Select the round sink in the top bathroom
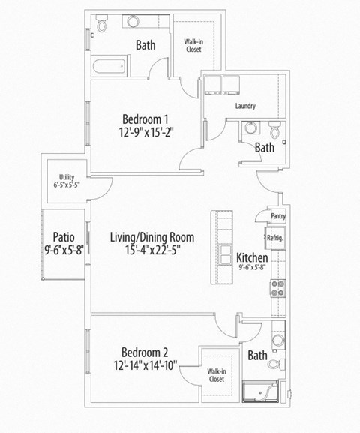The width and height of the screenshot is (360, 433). [x=133, y=23]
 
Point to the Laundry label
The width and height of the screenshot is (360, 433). [x=244, y=106]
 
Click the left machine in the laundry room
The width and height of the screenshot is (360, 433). [x=213, y=84]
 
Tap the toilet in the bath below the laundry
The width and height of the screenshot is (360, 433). [x=275, y=131]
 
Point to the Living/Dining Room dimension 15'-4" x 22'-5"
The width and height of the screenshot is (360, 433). [x=152, y=251]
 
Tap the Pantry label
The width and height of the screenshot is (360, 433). [x=278, y=216]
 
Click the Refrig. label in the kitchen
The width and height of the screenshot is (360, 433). [x=274, y=239]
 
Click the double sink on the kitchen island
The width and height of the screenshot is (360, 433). [x=223, y=248]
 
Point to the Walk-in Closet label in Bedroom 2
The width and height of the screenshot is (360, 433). [x=217, y=375]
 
